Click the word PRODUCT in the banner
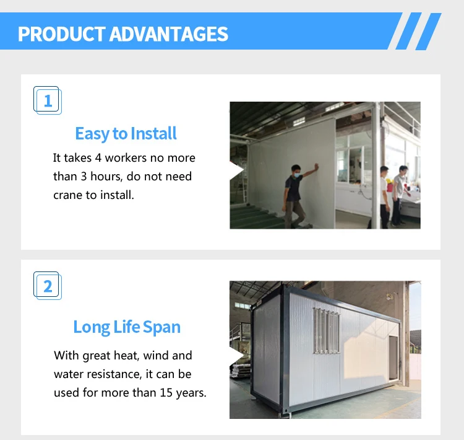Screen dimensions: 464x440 pyautogui.click(x=61, y=34)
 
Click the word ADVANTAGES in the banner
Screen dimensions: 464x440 pyautogui.click(x=169, y=34)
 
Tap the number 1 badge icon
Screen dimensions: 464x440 pyautogui.click(x=48, y=100)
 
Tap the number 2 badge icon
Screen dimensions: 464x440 pyautogui.click(x=48, y=286)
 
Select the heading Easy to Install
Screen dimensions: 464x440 pyautogui.click(x=126, y=133)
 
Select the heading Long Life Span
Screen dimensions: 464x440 pyautogui.click(x=127, y=327)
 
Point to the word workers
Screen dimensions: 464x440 pyautogui.click(x=126, y=158)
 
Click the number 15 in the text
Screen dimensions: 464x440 pyautogui.click(x=166, y=392)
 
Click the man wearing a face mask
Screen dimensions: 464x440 pyautogui.click(x=298, y=196)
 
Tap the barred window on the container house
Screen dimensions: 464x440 pyautogui.click(x=327, y=330)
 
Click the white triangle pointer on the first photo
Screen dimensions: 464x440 pyautogui.click(x=236, y=170)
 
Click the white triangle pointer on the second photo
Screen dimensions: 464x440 pyautogui.click(x=236, y=356)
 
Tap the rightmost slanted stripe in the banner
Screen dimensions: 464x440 pyautogui.click(x=428, y=31)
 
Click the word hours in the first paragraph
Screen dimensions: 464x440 pyautogui.click(x=106, y=177)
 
